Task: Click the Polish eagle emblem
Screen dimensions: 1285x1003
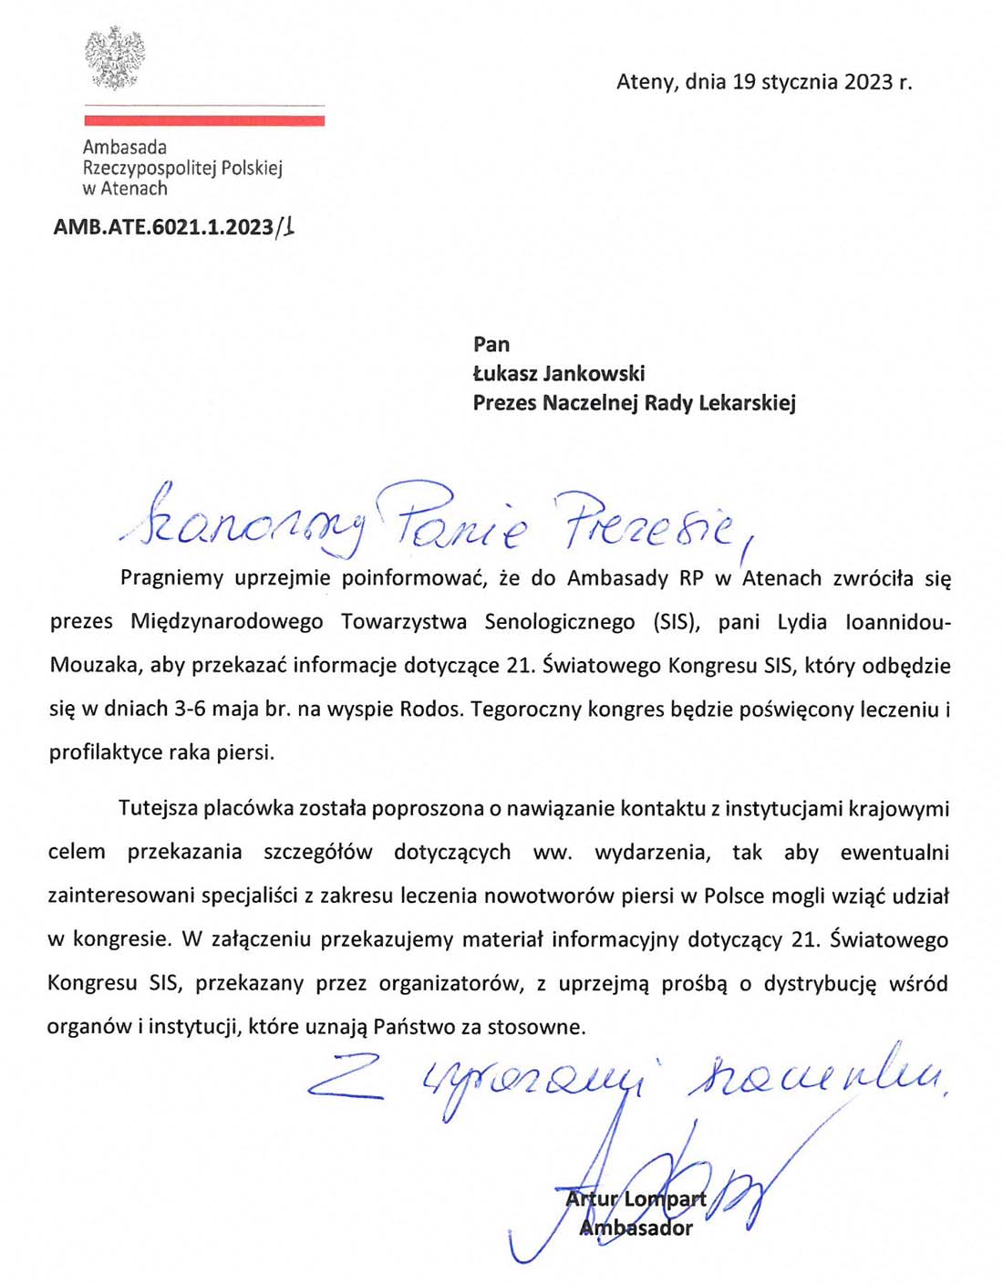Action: point(115,58)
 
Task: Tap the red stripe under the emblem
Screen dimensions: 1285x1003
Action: point(204,119)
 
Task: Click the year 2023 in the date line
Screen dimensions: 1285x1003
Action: point(868,82)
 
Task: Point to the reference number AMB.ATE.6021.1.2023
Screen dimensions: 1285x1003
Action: point(163,227)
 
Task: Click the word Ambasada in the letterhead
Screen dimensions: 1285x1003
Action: point(125,147)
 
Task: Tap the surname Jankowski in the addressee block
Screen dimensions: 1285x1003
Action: point(595,373)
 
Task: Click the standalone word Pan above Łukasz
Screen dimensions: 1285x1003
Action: point(491,344)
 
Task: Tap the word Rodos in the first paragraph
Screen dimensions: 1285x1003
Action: point(430,709)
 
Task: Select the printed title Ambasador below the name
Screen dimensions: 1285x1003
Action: point(636,1228)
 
